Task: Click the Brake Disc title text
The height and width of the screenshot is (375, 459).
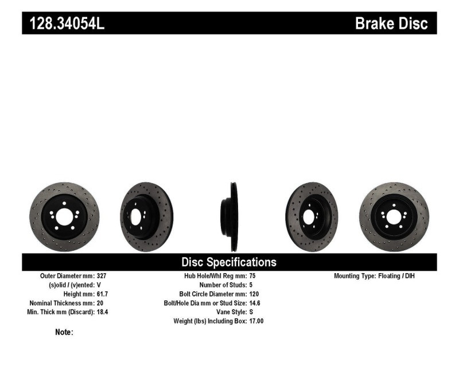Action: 391,24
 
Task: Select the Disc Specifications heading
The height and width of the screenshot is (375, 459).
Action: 229,262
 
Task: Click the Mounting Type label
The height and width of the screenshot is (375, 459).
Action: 354,275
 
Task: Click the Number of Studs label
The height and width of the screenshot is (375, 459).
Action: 223,285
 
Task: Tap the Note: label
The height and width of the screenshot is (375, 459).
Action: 64,332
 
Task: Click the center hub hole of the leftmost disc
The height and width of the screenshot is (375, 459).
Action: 64,217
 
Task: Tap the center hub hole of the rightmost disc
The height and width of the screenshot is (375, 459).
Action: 394,217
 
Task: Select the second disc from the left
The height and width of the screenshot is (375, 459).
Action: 146,217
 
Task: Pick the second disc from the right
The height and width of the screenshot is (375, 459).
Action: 312,217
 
